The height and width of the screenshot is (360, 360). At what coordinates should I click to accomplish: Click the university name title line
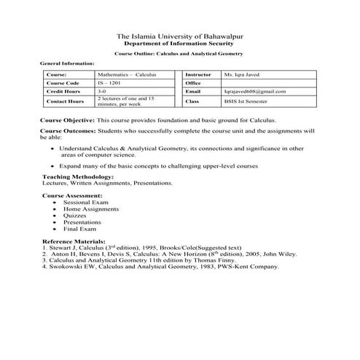click(179, 36)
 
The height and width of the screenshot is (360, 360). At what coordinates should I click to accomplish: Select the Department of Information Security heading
click(179, 44)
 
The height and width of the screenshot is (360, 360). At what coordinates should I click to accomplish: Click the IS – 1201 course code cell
click(111, 83)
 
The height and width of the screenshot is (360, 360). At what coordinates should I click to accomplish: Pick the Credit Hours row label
click(62, 92)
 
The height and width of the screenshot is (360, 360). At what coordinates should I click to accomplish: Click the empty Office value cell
click(267, 83)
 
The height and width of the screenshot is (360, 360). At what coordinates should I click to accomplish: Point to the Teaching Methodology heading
click(79, 177)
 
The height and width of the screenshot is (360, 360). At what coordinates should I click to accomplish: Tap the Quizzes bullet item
click(75, 215)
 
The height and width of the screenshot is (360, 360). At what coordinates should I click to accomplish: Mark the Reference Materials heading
click(75, 240)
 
